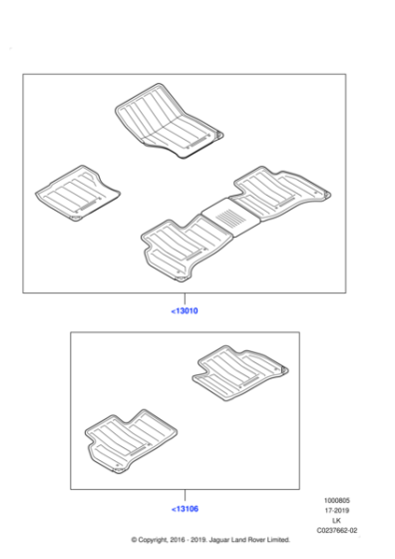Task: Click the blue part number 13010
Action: [186, 311]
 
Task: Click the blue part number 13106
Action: [186, 508]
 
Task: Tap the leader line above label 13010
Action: [185, 298]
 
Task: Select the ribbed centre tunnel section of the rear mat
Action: [226, 215]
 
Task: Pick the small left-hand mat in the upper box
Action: [78, 192]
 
